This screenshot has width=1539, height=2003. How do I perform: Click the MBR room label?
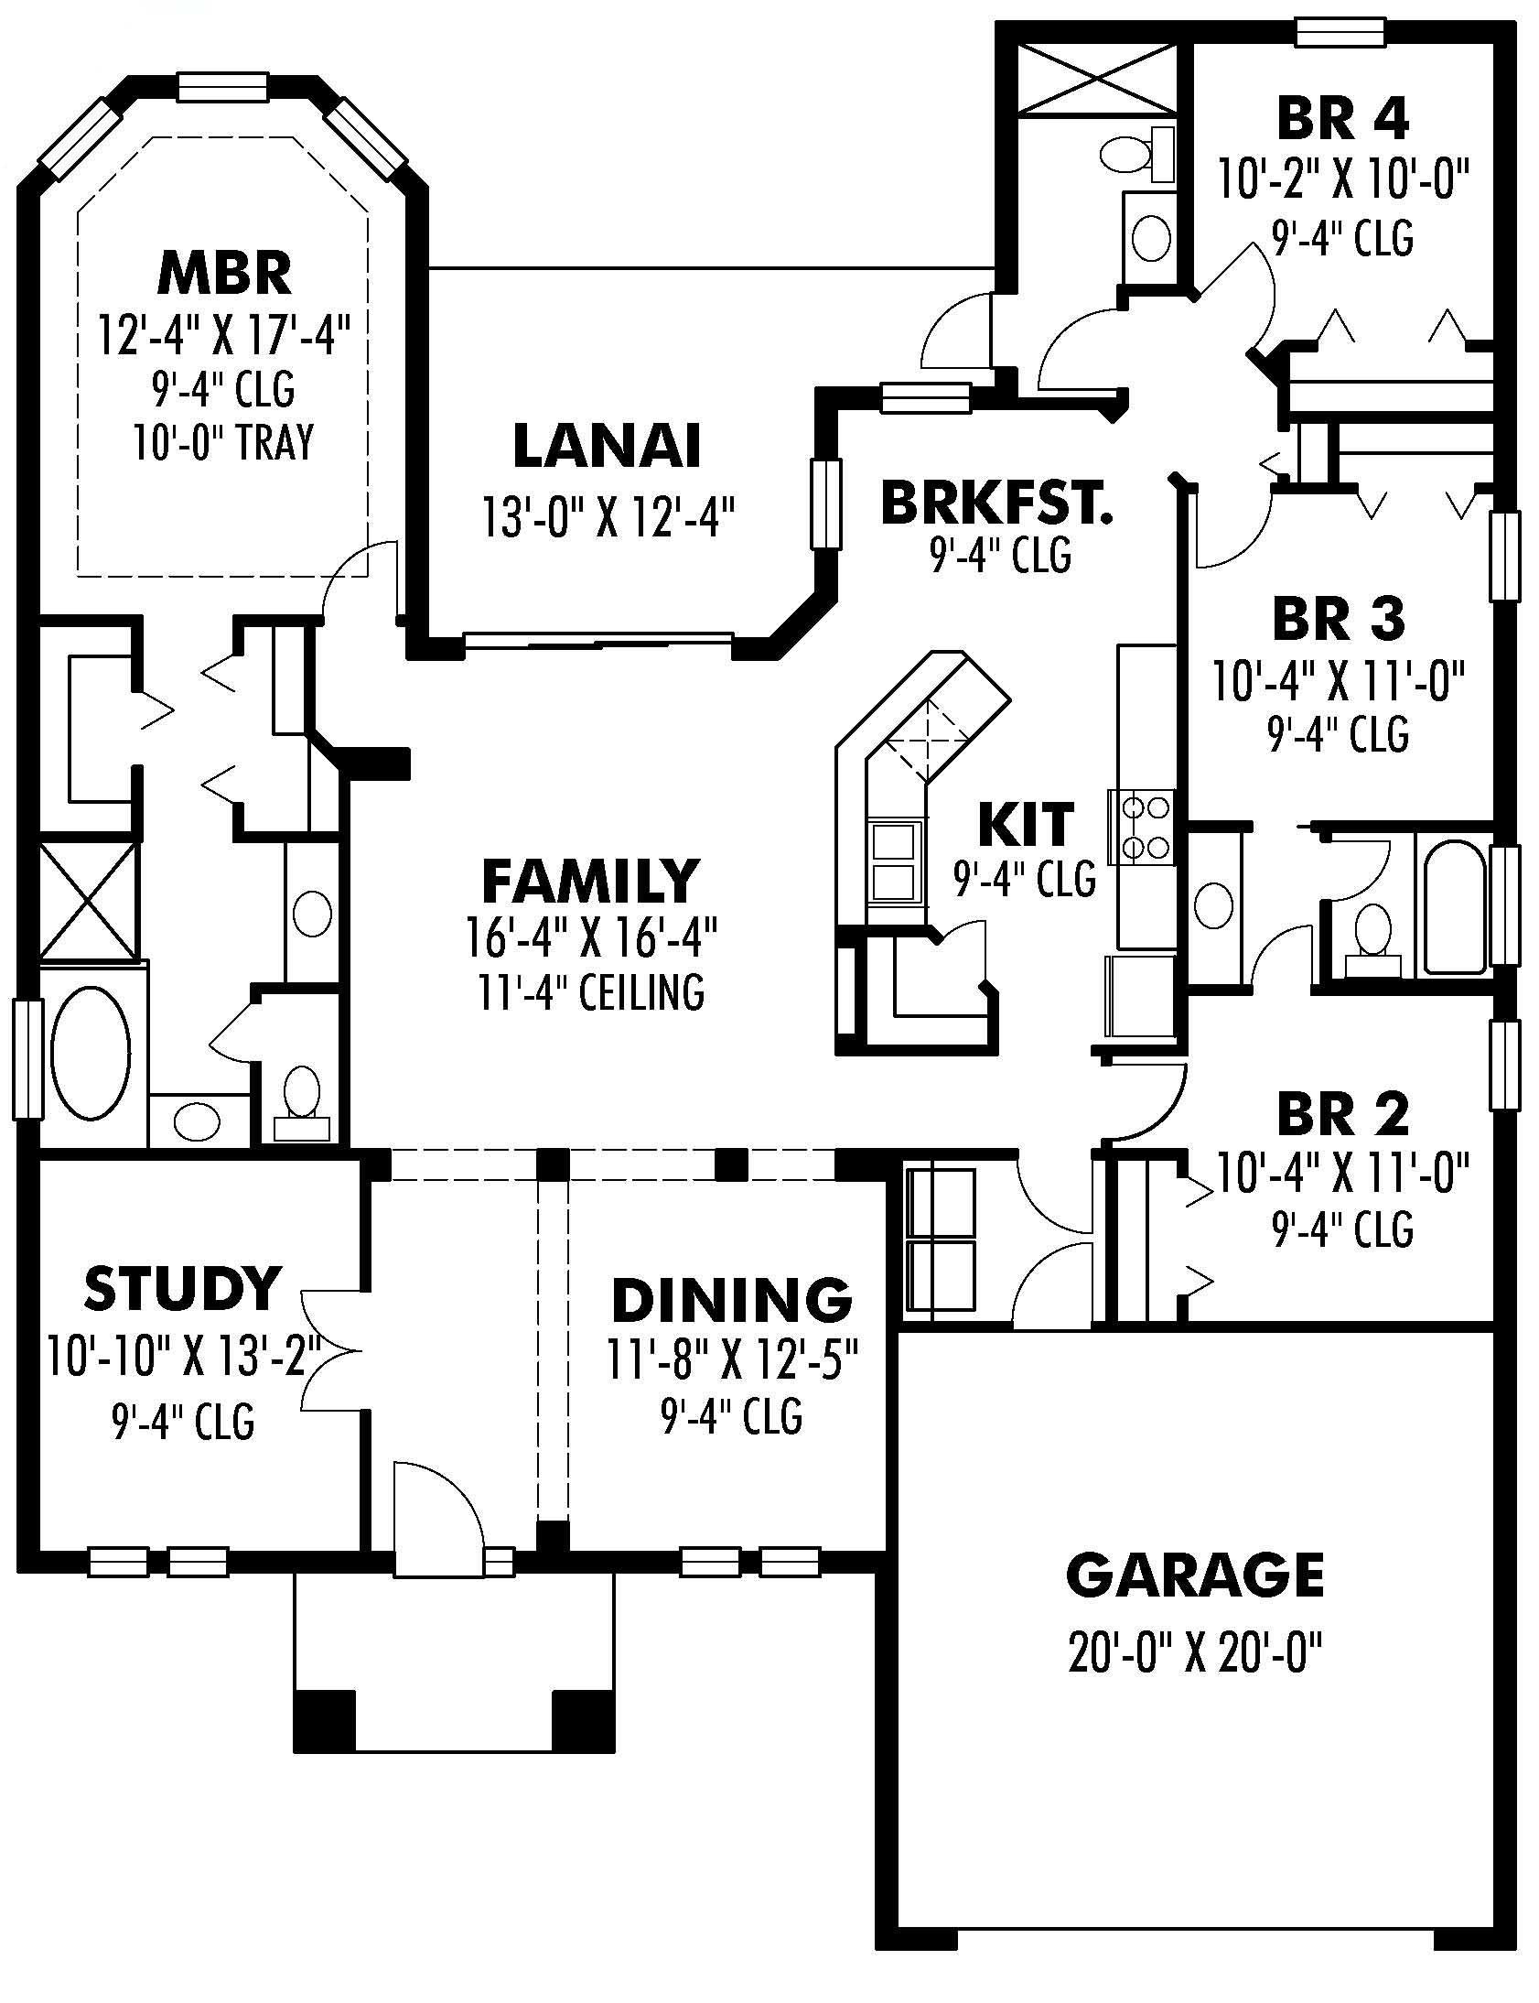pyautogui.click(x=224, y=272)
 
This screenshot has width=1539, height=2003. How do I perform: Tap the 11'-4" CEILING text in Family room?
pyautogui.click(x=591, y=991)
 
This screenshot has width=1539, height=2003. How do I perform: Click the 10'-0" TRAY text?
pyautogui.click(x=223, y=442)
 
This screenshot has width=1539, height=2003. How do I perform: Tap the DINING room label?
pyautogui.click(x=731, y=1298)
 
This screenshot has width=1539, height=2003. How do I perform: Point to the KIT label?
pyautogui.click(x=1025, y=823)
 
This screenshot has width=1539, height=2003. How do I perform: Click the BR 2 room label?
pyautogui.click(x=1342, y=1114)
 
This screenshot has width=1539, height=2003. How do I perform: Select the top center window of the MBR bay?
pyautogui.click(x=222, y=87)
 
